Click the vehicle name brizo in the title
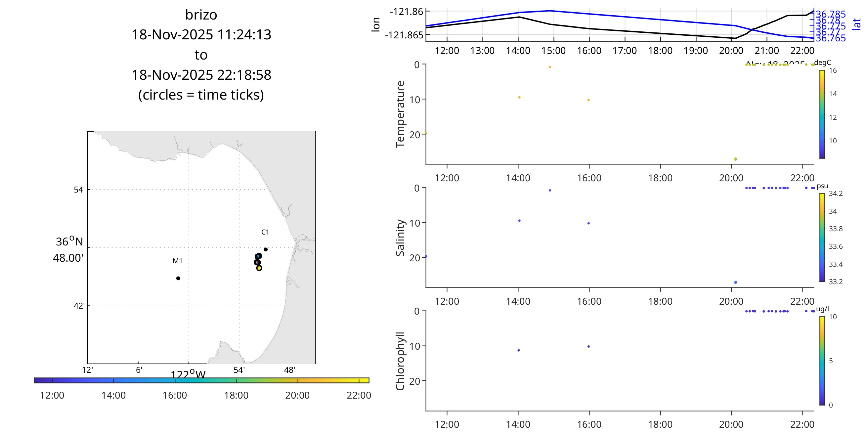[x=201, y=15]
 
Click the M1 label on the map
[x=177, y=261]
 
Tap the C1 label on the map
[x=265, y=232]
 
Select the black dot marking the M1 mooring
[x=178, y=278]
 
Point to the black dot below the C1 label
[x=266, y=250]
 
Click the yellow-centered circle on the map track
[x=259, y=268]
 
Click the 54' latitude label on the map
[x=79, y=190]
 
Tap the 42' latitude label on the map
[x=79, y=306]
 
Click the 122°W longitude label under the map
[x=188, y=374]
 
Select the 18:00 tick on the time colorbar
[x=236, y=395]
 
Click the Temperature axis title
[x=400, y=114]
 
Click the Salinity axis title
[x=400, y=238]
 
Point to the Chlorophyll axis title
[x=400, y=361]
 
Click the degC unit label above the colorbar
[x=822, y=63]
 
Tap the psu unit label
[x=822, y=186]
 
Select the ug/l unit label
[x=822, y=309]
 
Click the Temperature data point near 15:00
[x=550, y=67]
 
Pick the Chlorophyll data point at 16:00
[x=589, y=346]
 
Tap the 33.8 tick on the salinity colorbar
[x=836, y=229]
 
